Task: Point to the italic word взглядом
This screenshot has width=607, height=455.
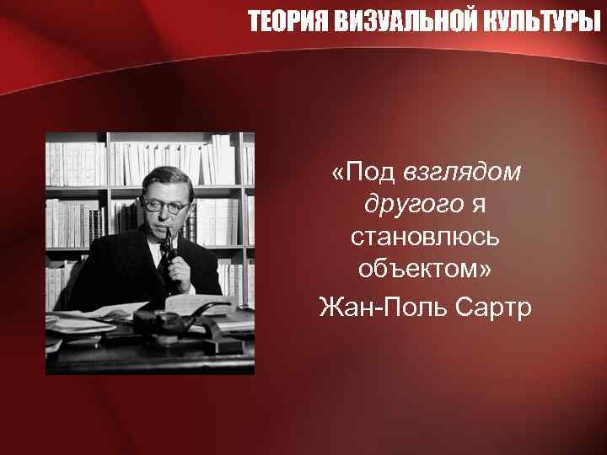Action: coord(463,172)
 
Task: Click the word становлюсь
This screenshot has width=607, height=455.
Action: coord(426,238)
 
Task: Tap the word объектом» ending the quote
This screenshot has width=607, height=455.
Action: coord(426,272)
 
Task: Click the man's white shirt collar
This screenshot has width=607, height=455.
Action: coord(148,244)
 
